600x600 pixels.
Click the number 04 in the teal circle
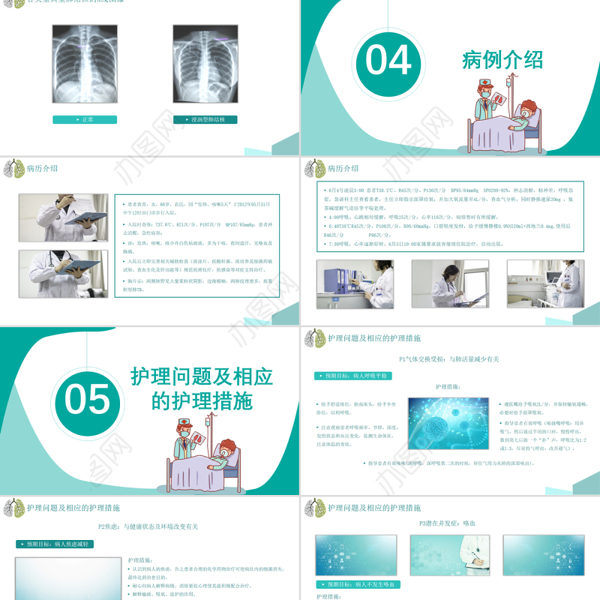tap(388, 61)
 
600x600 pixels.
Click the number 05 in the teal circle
tap(87, 400)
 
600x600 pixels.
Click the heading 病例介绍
tap(502, 60)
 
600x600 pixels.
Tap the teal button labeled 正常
tap(85, 119)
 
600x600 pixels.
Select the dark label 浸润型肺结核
tap(205, 119)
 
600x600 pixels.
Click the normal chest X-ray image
tap(85, 63)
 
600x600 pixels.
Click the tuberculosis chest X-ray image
tap(205, 63)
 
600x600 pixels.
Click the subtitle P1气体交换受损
tap(450, 359)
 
